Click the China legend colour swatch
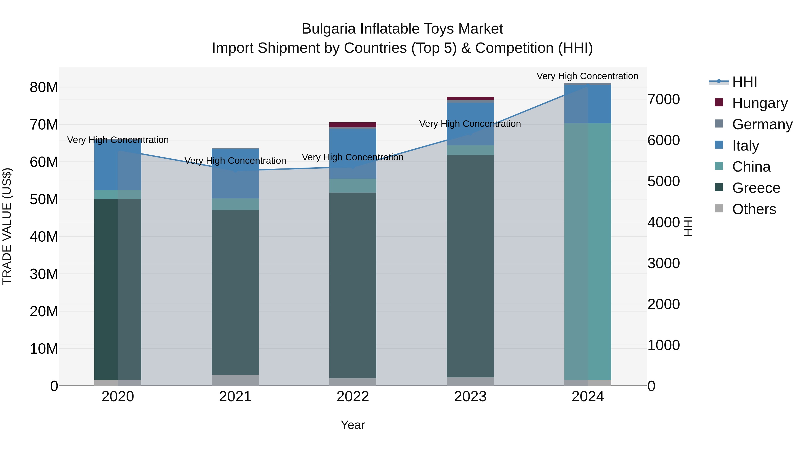[719, 166]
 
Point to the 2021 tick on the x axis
[235, 396]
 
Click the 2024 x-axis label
[587, 396]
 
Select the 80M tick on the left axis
[44, 87]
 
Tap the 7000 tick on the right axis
[663, 99]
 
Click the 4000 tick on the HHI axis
[663, 222]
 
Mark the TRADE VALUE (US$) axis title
[7, 226]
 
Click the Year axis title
[352, 425]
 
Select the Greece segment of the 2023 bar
[470, 266]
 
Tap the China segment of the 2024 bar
[587, 250]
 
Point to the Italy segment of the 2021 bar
[235, 174]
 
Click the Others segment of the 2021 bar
[235, 380]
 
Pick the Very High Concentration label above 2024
[587, 76]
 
